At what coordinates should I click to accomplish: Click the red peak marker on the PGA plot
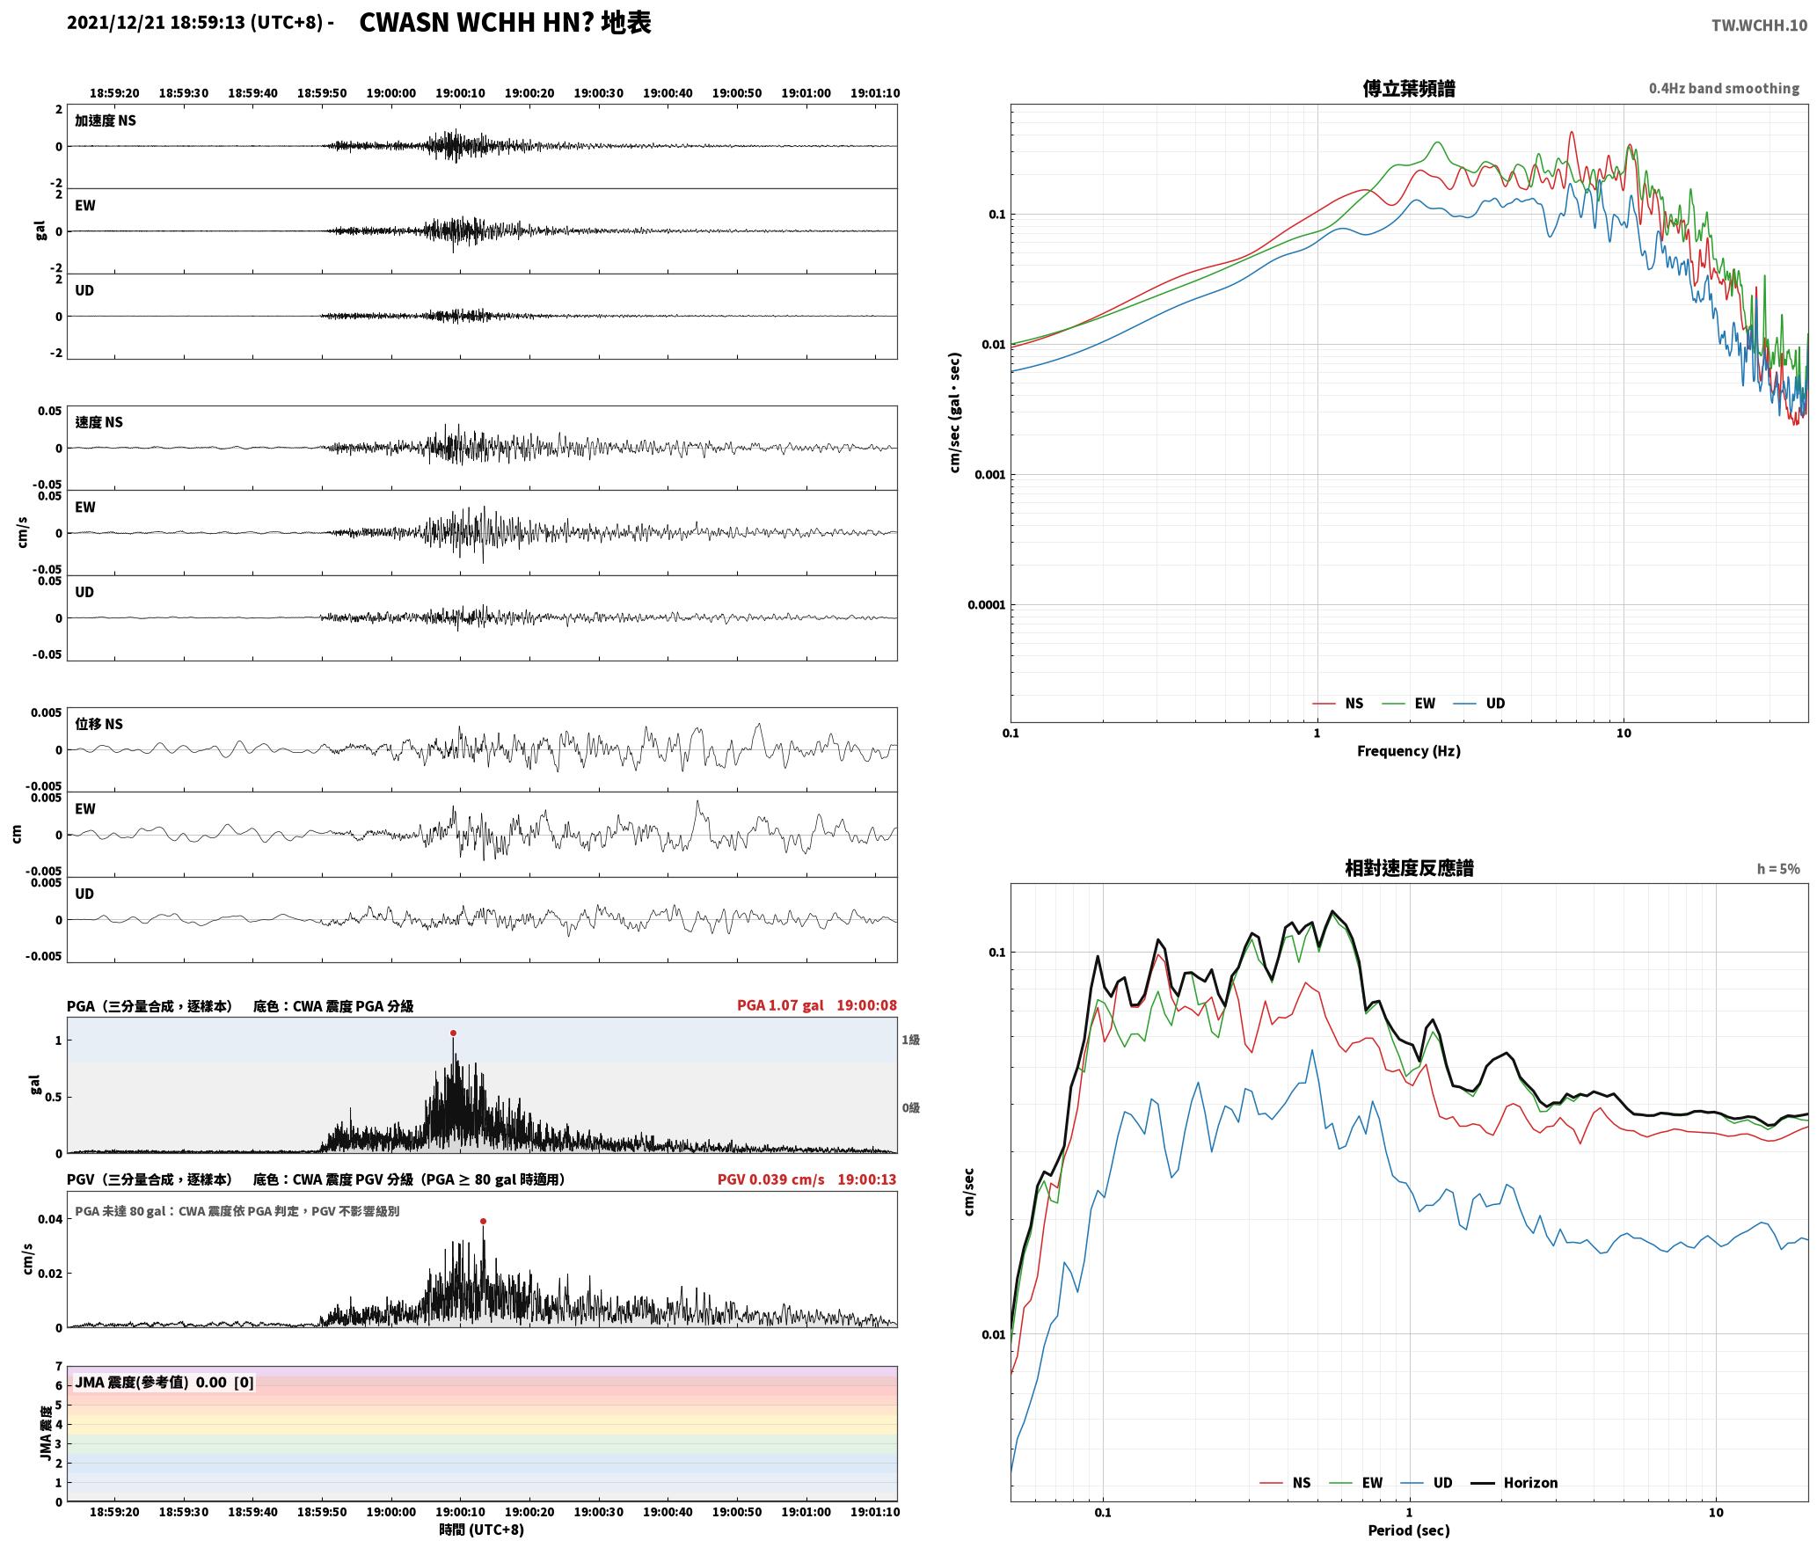[x=453, y=1033]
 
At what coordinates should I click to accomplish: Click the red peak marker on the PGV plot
[x=483, y=1221]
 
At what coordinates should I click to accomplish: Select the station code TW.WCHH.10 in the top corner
[x=1759, y=26]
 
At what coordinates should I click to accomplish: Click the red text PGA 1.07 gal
[x=780, y=1005]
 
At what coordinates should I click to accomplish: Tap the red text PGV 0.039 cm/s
[x=771, y=1179]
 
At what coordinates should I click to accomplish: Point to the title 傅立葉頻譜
[x=1409, y=88]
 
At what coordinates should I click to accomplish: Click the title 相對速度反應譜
[x=1409, y=868]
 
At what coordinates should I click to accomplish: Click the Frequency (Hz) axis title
[x=1409, y=751]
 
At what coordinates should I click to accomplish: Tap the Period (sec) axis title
[x=1409, y=1530]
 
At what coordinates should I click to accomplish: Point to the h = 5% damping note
[x=1778, y=869]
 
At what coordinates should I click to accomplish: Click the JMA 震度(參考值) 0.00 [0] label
[x=164, y=1383]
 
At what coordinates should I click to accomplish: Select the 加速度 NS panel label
[x=106, y=120]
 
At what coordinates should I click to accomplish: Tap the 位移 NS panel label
[x=99, y=724]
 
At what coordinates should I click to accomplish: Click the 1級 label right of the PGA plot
[x=910, y=1041]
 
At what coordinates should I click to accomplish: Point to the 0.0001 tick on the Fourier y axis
[x=985, y=605]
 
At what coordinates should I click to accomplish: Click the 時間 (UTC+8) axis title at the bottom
[x=482, y=1530]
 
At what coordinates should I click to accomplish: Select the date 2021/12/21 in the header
[x=115, y=23]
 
